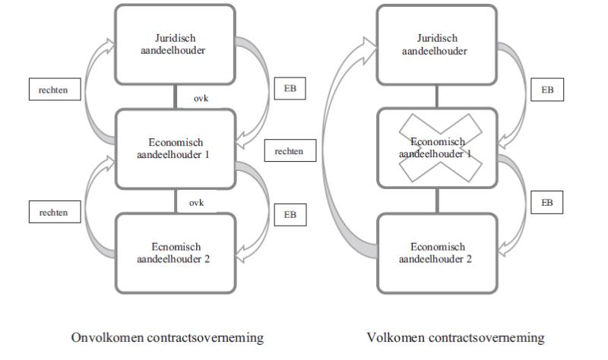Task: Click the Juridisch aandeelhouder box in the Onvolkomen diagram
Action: tap(175, 44)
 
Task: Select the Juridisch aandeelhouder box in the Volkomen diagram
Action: tap(436, 45)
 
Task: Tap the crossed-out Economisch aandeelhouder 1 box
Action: tap(437, 148)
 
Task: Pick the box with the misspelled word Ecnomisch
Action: tap(176, 253)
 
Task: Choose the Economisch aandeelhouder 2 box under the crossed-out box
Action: tap(437, 253)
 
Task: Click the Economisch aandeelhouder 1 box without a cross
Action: tap(176, 149)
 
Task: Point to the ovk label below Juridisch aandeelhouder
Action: tap(201, 99)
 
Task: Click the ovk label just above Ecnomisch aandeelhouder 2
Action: tap(196, 203)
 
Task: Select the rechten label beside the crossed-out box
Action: tap(290, 150)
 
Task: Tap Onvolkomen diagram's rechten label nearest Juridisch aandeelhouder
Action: tap(55, 89)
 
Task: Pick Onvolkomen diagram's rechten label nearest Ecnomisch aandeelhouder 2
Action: tap(55, 212)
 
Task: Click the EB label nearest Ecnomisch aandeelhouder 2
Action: tap(290, 215)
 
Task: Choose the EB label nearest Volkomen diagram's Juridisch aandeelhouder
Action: tap(547, 90)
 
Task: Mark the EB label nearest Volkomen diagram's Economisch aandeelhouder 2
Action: tap(546, 202)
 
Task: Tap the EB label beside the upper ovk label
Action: tap(290, 88)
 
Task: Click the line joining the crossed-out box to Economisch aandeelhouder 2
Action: tap(437, 201)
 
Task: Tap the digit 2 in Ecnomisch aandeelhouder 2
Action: tap(207, 259)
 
